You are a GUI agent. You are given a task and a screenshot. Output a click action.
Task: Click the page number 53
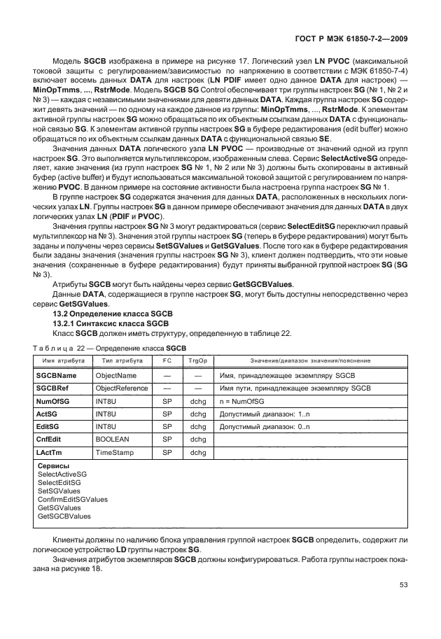click(402, 584)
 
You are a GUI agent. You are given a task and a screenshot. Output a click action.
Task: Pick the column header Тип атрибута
click(122, 360)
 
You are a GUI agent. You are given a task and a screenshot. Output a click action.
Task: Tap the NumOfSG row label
click(53, 402)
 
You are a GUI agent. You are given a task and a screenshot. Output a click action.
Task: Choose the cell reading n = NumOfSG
click(241, 402)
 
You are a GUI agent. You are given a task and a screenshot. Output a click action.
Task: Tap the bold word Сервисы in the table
click(53, 465)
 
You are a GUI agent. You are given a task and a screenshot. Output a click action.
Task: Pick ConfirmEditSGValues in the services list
click(73, 499)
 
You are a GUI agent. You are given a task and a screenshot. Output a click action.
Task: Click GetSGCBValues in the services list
click(64, 516)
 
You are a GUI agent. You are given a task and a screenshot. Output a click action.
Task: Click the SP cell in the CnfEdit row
click(167, 440)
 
